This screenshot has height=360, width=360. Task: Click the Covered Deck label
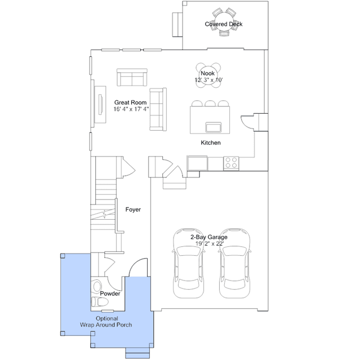click(224, 24)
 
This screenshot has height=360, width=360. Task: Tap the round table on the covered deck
click(224, 22)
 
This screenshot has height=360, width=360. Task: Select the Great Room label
click(130, 103)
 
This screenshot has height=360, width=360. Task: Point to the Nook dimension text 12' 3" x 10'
click(209, 80)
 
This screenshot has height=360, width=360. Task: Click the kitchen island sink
click(214, 127)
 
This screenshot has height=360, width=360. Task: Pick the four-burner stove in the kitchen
click(231, 163)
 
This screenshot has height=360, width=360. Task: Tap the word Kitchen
click(211, 143)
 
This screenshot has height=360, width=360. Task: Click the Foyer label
click(133, 210)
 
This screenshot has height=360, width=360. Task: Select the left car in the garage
click(189, 263)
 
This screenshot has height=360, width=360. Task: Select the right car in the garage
click(234, 263)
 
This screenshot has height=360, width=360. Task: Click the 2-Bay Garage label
click(209, 237)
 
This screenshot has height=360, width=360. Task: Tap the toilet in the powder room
click(100, 302)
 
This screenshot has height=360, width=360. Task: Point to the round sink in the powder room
click(97, 287)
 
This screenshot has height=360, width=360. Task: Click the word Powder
click(110, 294)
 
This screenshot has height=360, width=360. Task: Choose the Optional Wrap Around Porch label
click(106, 322)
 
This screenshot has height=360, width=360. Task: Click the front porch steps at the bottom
click(137, 353)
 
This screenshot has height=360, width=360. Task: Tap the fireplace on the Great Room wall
click(100, 104)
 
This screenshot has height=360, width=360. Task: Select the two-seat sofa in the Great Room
click(132, 77)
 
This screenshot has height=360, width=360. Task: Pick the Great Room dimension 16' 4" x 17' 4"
click(131, 109)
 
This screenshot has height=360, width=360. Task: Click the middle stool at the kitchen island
click(210, 103)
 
